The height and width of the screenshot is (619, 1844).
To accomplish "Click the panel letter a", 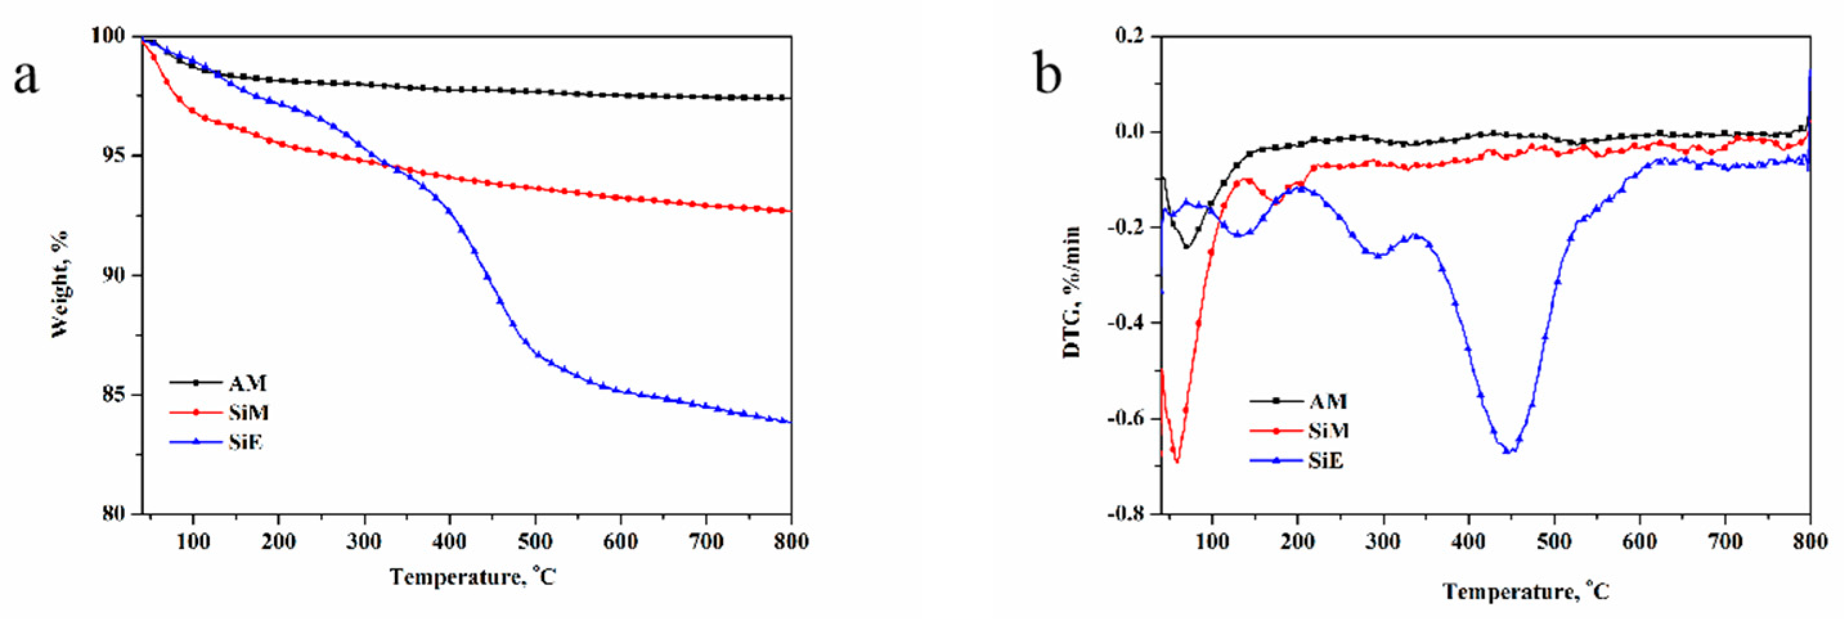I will [x=26, y=77].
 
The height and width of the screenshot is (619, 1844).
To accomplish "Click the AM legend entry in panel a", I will [x=248, y=384].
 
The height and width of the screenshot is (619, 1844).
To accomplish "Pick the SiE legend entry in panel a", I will [x=246, y=442].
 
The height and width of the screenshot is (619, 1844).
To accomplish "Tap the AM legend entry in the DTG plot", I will [x=1328, y=402].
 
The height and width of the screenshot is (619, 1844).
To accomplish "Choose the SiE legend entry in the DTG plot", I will [x=1326, y=461].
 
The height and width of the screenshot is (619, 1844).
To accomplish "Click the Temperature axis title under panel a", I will [x=473, y=576].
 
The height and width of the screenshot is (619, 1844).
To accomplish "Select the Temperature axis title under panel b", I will [x=1526, y=591].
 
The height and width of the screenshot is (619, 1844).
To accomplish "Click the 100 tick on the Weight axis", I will [x=108, y=35].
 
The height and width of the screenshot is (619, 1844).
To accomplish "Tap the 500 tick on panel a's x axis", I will [x=534, y=542].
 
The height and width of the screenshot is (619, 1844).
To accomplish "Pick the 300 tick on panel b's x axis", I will [x=1383, y=542].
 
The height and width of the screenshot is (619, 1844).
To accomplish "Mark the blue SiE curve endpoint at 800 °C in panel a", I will [x=790, y=422].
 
